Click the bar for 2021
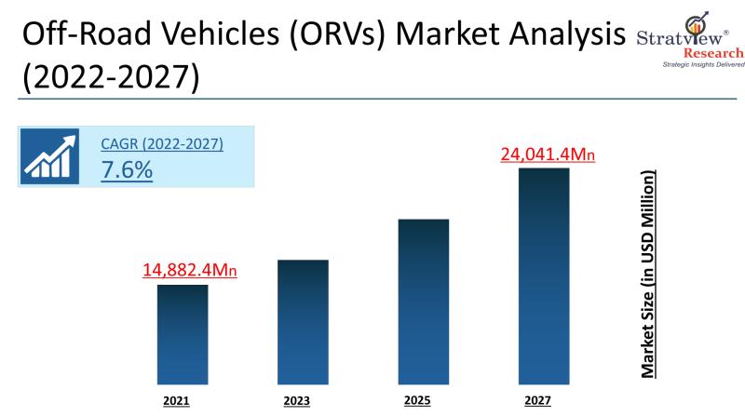pos(182,334)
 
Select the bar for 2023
pos(303,322)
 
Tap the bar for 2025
pos(424,302)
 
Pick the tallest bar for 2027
pos(544,276)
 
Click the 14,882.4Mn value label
pos(190,271)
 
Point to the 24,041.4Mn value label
pos(548,154)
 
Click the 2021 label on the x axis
pos(176,402)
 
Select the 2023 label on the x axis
pos(297,402)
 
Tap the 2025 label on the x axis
pos(418,401)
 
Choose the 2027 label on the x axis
pos(537,402)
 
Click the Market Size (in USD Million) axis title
pos(648,274)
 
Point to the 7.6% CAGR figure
pos(127,171)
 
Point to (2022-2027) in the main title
pos(110,78)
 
